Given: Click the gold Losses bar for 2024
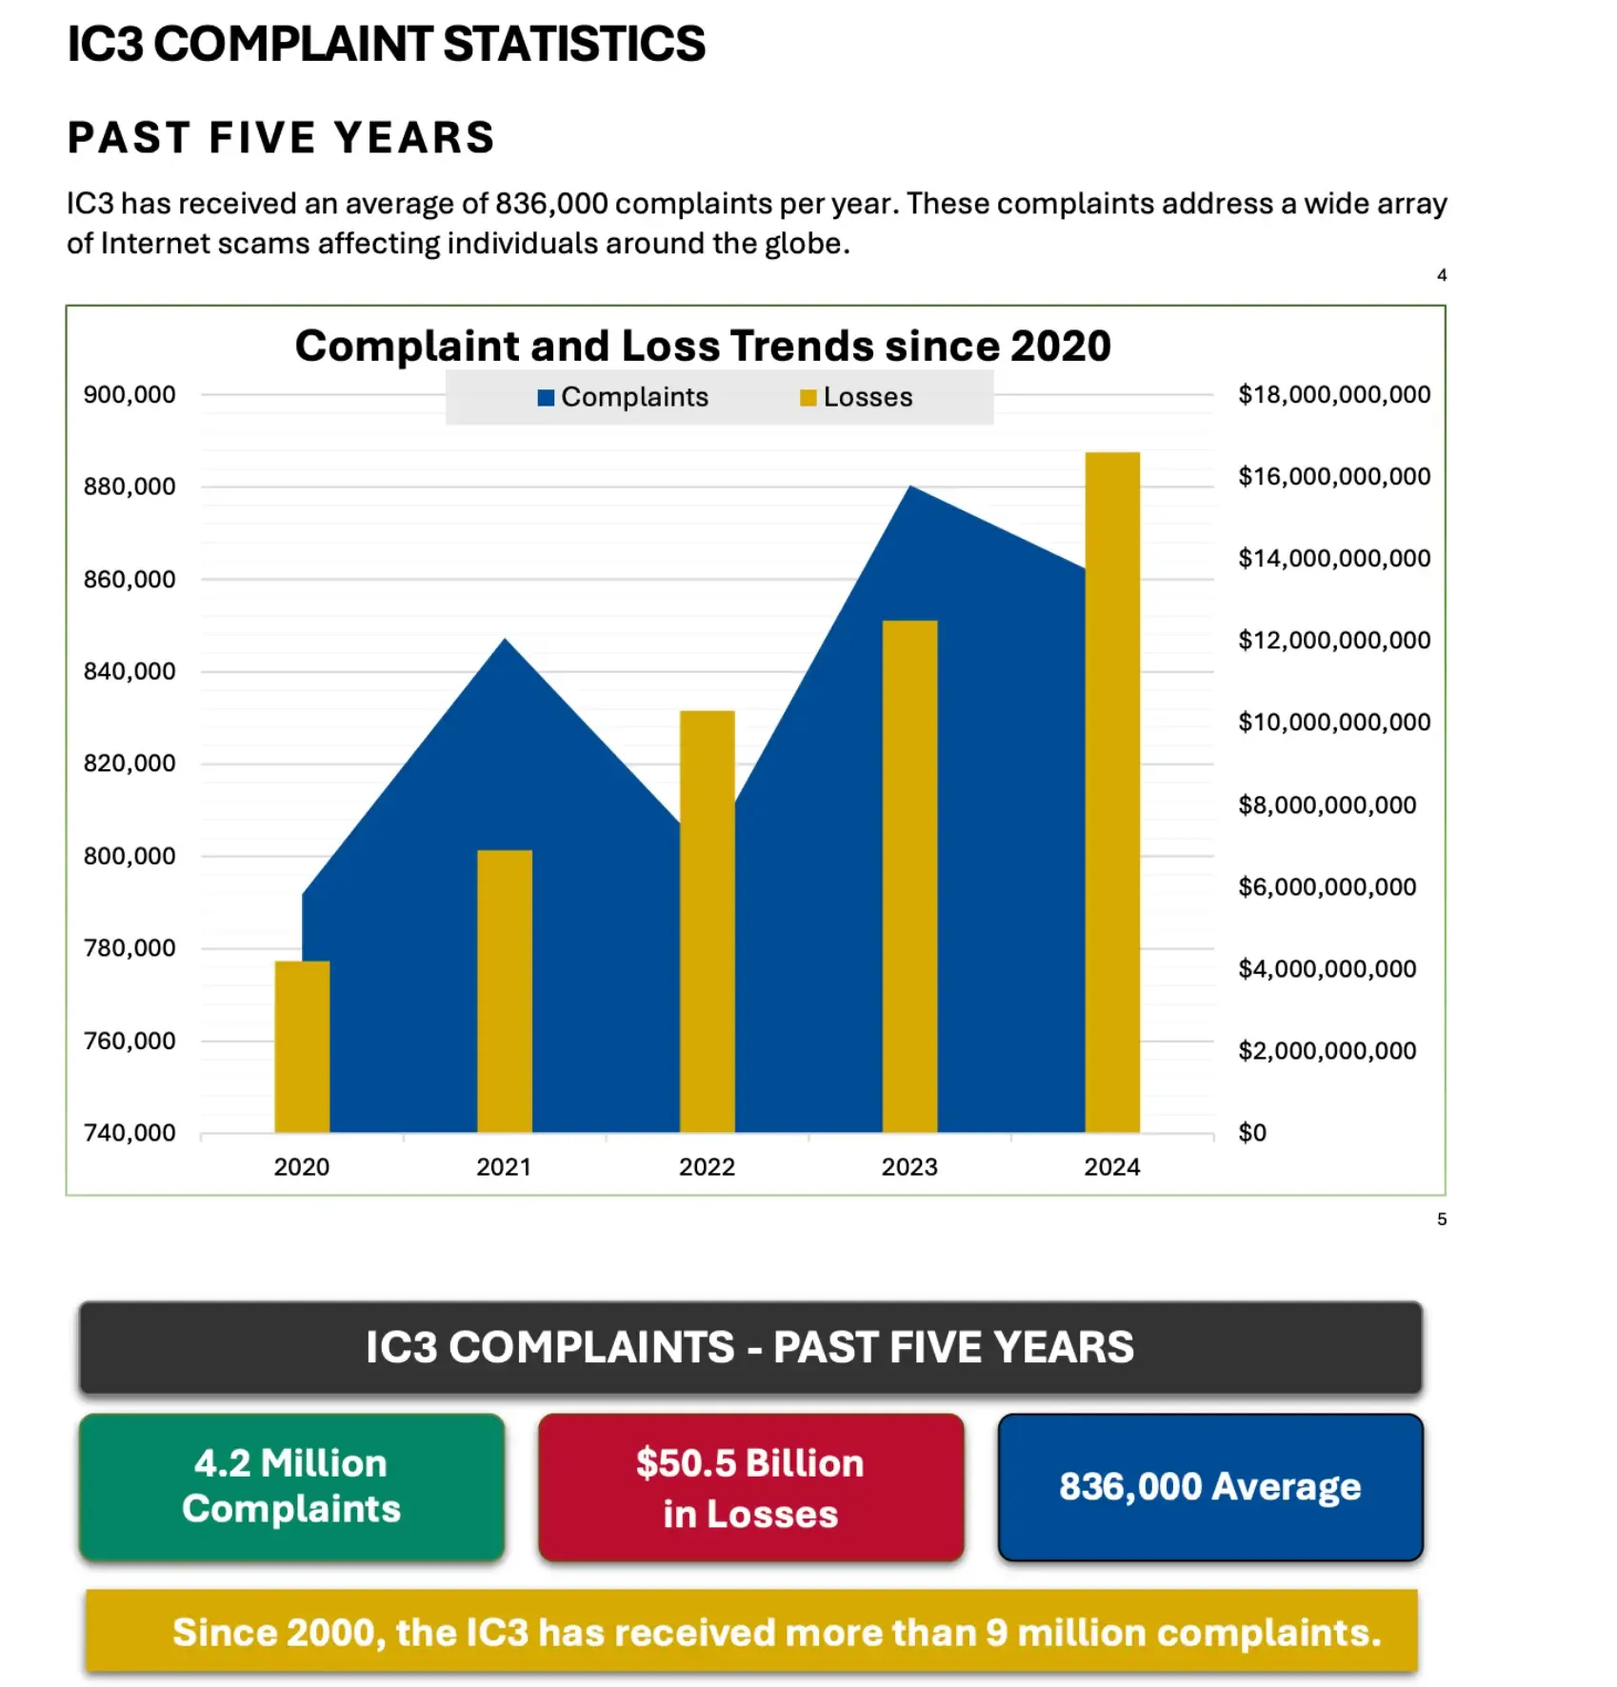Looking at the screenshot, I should click(x=1112, y=790).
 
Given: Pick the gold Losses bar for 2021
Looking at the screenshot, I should click(x=504, y=990).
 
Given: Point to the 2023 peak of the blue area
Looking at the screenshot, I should click(x=910, y=489).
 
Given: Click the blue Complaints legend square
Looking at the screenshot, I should click(x=546, y=398).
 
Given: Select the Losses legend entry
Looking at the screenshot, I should click(x=856, y=397).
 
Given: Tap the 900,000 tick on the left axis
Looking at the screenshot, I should click(x=130, y=394).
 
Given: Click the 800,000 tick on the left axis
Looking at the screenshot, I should click(x=130, y=855).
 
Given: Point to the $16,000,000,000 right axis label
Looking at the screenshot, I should click(x=1333, y=476).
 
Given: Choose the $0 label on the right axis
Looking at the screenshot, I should click(x=1251, y=1132).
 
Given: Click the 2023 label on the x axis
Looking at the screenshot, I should click(x=908, y=1166).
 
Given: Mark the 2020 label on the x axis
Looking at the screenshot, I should click(x=301, y=1166).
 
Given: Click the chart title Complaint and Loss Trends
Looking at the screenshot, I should click(x=703, y=346).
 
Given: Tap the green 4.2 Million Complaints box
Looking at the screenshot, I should click(x=291, y=1485).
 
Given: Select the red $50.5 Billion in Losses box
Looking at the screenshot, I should click(x=750, y=1487).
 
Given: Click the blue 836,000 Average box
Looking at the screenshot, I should click(x=1209, y=1486).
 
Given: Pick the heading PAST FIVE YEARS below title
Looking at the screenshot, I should click(x=281, y=138).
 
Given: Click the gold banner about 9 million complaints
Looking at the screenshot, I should click(x=750, y=1632).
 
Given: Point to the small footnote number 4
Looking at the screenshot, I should click(x=1441, y=275).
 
